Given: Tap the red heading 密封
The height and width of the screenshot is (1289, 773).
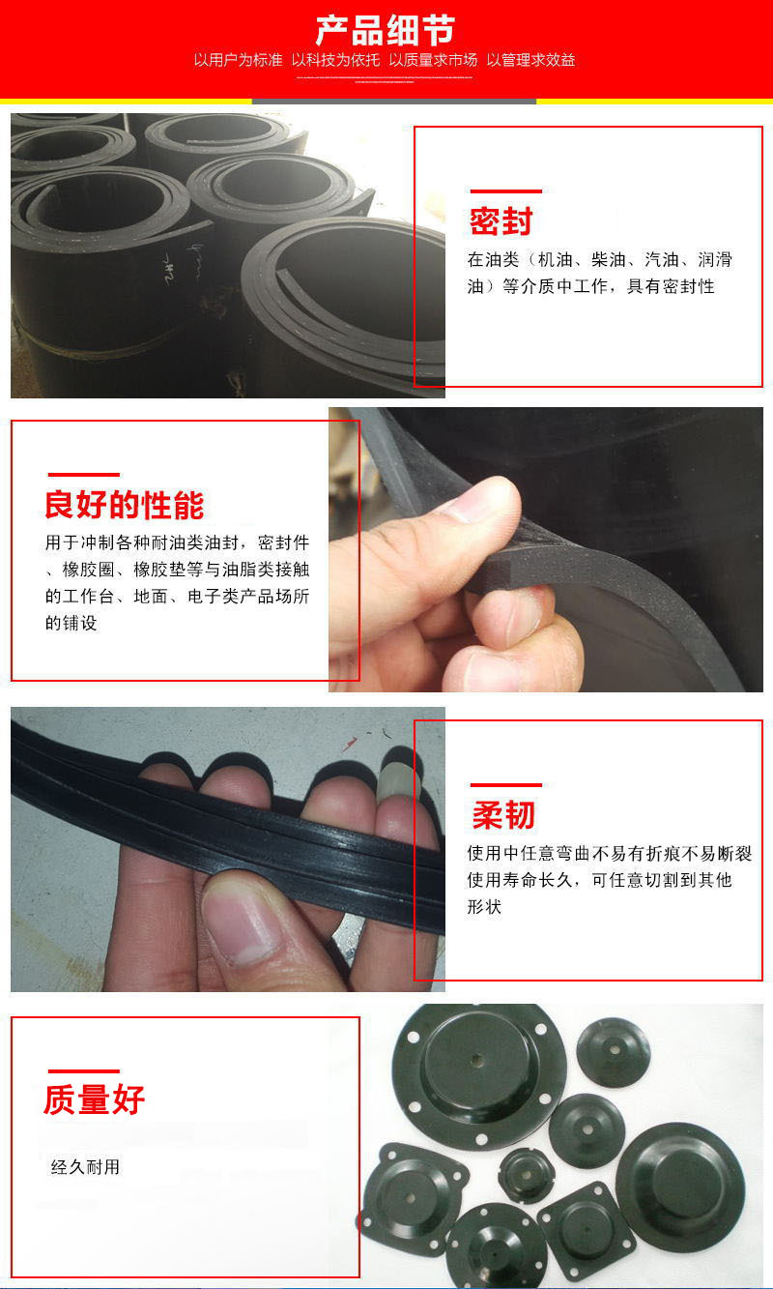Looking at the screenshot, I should click(x=501, y=221).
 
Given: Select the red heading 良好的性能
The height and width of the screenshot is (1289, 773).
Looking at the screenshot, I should click(x=125, y=505).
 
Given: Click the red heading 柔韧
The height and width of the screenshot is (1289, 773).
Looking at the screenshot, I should click(x=502, y=815).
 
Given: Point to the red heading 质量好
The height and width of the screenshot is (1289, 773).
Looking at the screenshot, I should click(x=94, y=1099).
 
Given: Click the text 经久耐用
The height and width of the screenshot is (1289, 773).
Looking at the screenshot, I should click(x=85, y=1167).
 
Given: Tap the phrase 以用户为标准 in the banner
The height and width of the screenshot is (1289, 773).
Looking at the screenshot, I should click(x=238, y=60).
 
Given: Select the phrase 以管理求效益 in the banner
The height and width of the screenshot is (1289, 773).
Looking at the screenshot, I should click(x=530, y=60).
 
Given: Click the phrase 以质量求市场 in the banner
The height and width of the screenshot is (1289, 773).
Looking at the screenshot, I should click(x=433, y=60).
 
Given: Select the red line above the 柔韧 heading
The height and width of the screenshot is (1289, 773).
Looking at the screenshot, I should click(x=505, y=785).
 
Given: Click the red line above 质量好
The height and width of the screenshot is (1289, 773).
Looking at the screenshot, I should click(x=83, y=1070).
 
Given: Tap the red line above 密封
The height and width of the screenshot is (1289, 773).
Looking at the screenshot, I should click(x=505, y=191).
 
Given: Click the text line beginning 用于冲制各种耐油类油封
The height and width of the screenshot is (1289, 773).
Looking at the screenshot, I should click(x=178, y=541).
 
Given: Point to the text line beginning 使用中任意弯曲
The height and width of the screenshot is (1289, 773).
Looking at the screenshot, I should click(x=609, y=854).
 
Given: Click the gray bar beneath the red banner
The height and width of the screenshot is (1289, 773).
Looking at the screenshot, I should click(x=393, y=101).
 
